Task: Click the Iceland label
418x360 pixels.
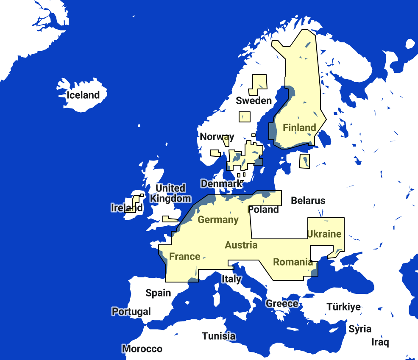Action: click(x=83, y=95)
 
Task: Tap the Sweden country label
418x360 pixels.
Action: click(x=254, y=100)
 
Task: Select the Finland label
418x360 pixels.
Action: click(x=299, y=127)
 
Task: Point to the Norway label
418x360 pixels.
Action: click(x=217, y=137)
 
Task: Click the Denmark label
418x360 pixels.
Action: click(x=221, y=184)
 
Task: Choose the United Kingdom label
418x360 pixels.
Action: click(x=170, y=193)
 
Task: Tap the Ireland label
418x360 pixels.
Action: click(x=126, y=208)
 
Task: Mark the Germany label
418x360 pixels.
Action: click(x=218, y=220)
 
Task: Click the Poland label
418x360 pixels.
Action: click(x=263, y=210)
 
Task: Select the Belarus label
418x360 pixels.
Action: click(x=308, y=201)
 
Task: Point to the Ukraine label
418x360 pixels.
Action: click(x=324, y=234)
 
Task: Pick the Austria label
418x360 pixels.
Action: click(x=241, y=245)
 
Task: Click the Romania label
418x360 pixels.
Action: click(x=293, y=262)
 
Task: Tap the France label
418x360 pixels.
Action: click(x=184, y=257)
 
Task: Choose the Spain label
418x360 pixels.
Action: click(x=158, y=293)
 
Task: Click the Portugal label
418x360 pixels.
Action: click(x=131, y=312)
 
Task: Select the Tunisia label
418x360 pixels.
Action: click(x=218, y=336)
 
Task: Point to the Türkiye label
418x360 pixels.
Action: click(x=343, y=307)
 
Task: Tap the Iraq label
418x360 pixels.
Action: click(x=380, y=342)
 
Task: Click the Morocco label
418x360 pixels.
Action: click(x=142, y=349)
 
